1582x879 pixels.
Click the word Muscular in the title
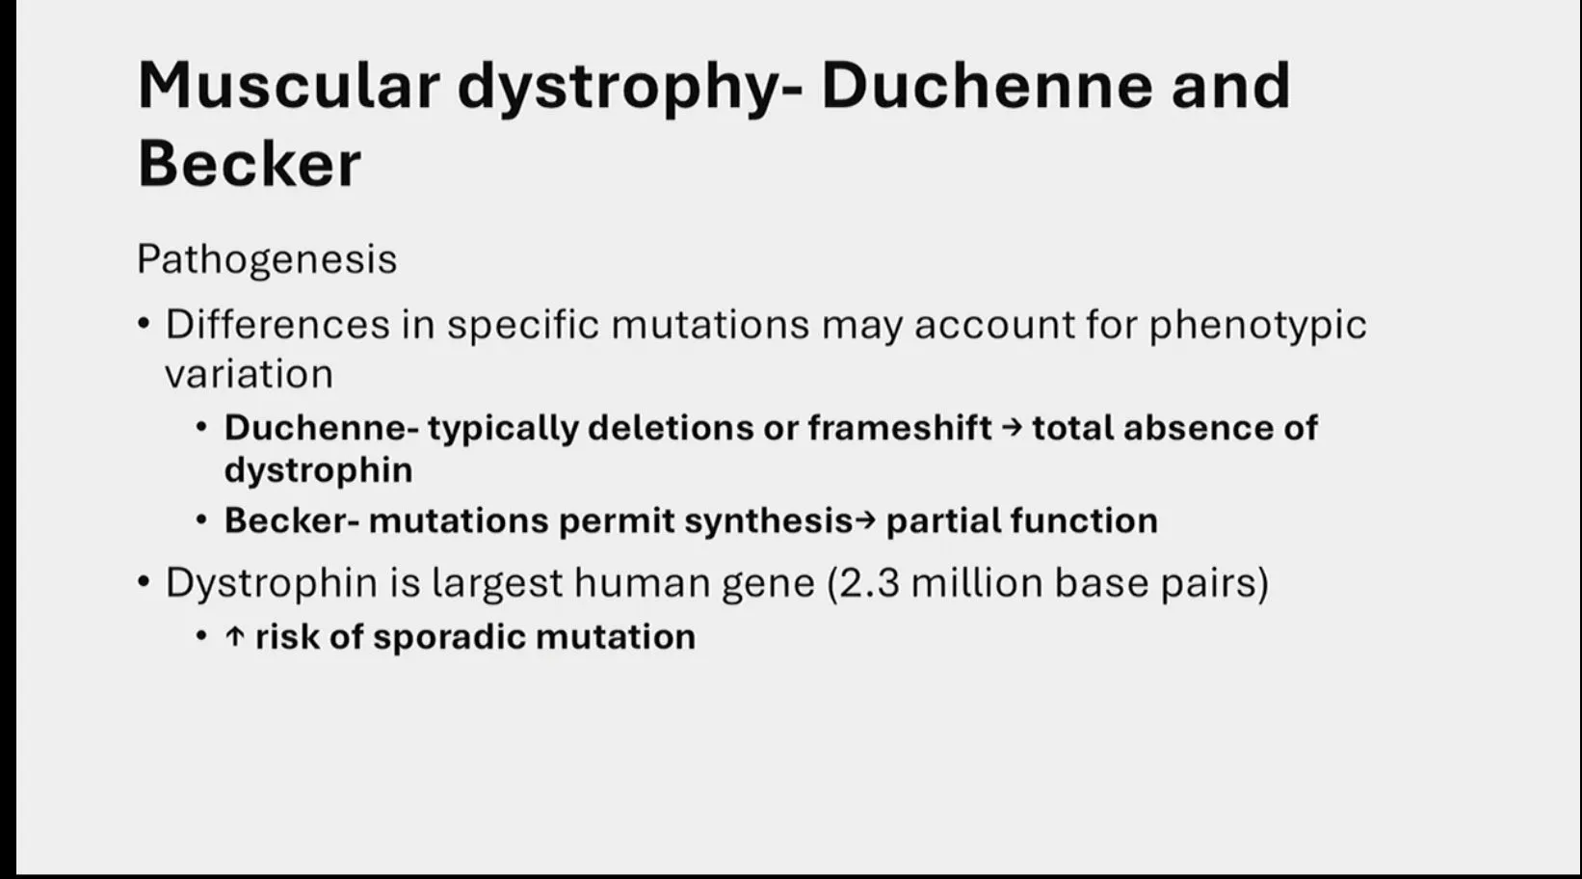tap(288, 86)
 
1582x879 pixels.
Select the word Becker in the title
tap(250, 164)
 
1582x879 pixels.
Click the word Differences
tap(277, 325)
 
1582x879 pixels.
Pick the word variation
tap(249, 374)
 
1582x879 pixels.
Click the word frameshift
tap(899, 428)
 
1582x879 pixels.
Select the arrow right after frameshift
tap(1012, 428)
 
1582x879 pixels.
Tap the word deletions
tap(671, 428)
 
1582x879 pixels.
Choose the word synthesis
tap(769, 521)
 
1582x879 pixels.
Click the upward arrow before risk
tap(234, 637)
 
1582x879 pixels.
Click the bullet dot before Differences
tap(145, 325)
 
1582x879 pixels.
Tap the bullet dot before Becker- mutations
tap(202, 520)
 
